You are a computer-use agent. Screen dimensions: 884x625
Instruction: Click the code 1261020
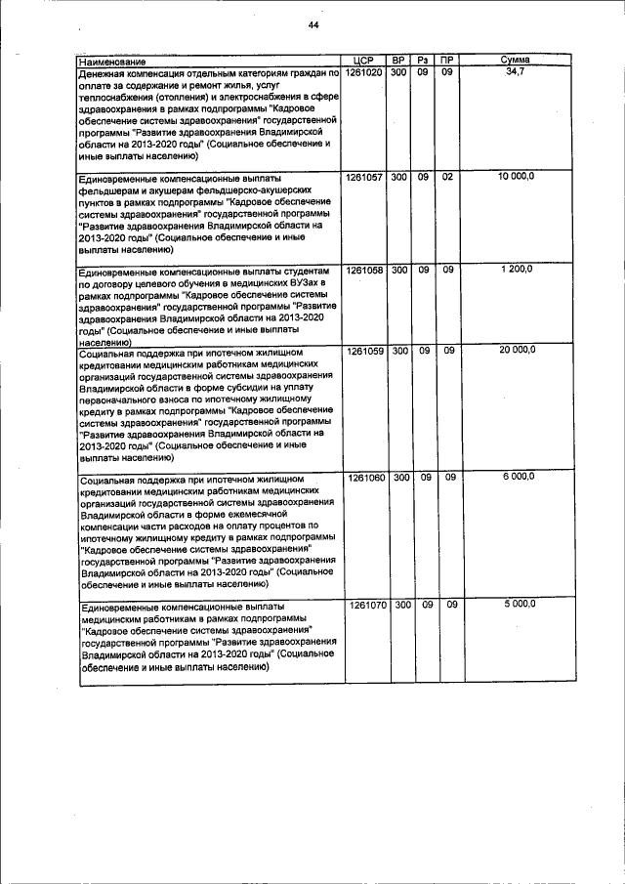click(363, 72)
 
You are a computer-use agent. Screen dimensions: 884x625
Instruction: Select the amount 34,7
click(515, 72)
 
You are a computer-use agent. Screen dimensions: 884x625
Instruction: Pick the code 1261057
click(363, 177)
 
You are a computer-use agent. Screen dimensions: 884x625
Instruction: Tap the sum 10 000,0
click(515, 177)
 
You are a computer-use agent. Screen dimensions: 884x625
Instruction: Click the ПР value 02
click(447, 177)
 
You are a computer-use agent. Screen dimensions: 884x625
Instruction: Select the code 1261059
click(363, 350)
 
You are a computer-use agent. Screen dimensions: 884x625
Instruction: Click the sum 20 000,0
click(515, 350)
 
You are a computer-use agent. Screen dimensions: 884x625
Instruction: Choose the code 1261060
click(363, 478)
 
